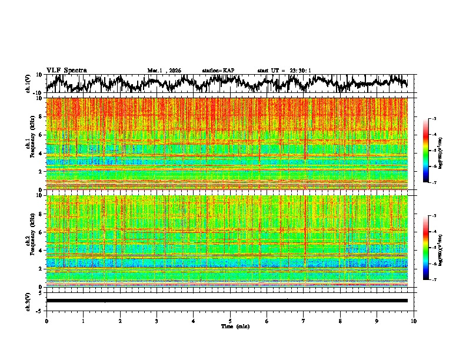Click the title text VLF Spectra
66,71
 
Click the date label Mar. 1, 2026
164,71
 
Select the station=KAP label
218,71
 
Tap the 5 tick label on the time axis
230,321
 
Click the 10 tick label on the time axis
414,321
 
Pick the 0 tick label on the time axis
46,321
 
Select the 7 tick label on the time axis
304,321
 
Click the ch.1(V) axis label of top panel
28,84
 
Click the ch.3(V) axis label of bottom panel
28,301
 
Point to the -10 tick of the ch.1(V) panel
38,92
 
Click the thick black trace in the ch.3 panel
227,301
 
